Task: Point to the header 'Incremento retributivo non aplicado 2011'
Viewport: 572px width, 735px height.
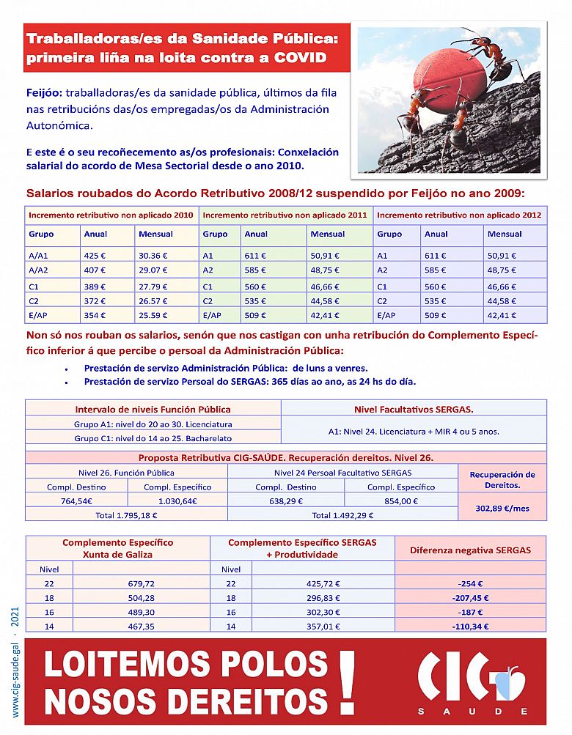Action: coord(285,215)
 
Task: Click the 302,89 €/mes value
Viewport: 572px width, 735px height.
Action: coord(502,507)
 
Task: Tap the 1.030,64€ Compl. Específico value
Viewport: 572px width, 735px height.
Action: coord(177,501)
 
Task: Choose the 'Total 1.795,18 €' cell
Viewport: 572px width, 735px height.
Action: coord(126,515)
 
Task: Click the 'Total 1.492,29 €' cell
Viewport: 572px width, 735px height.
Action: coord(342,515)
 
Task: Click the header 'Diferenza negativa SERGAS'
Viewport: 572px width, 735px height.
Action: coord(469,550)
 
